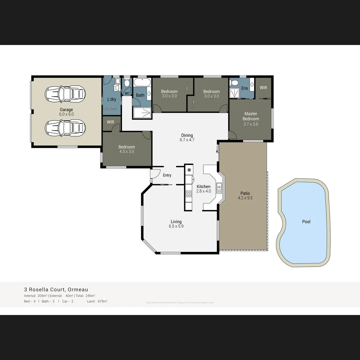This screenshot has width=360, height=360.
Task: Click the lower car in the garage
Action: [x=65, y=128]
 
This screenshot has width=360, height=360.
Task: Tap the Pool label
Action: [x=306, y=222]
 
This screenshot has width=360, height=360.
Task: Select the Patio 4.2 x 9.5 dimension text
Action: [x=245, y=198]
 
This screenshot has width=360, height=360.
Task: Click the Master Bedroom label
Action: [x=251, y=116]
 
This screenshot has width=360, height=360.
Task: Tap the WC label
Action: [x=127, y=94]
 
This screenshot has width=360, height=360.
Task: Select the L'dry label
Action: [x=112, y=99]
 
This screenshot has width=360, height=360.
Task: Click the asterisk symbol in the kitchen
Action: [x=189, y=170]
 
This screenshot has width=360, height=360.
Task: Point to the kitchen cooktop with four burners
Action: [x=189, y=194]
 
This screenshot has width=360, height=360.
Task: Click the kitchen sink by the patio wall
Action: [x=219, y=188]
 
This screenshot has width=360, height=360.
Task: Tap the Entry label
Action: [x=167, y=175]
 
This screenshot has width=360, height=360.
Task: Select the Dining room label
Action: [x=187, y=135]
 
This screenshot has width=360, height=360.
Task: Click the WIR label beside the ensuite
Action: [x=263, y=88]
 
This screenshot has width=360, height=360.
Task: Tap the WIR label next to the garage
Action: [x=110, y=122]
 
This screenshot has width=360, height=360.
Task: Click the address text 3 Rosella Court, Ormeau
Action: [x=56, y=290]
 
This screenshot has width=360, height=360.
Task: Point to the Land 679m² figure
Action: [x=97, y=301]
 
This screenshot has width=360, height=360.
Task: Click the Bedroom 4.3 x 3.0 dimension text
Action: [x=127, y=152]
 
